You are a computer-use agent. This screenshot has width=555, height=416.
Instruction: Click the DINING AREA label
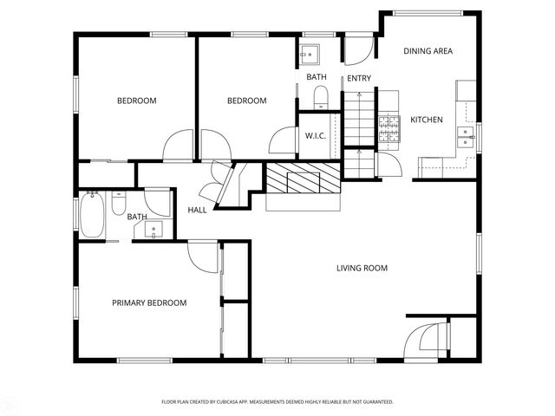428,51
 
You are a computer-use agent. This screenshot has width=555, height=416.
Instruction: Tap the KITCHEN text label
427,120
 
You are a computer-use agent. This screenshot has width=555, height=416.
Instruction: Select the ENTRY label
359,79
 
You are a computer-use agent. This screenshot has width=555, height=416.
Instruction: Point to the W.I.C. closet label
315,136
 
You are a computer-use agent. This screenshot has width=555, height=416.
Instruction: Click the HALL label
197,210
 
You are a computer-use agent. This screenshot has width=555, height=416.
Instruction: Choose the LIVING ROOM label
362,269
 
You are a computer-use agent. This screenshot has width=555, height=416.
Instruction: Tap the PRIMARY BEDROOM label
149,302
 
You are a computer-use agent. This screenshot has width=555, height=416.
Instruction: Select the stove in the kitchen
388,129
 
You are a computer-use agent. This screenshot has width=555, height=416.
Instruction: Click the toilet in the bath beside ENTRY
320,95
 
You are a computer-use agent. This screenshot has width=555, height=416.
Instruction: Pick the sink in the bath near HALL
155,230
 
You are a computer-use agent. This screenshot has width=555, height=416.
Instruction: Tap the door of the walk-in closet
284,142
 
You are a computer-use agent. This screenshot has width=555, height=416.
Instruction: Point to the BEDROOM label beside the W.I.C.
246,101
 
